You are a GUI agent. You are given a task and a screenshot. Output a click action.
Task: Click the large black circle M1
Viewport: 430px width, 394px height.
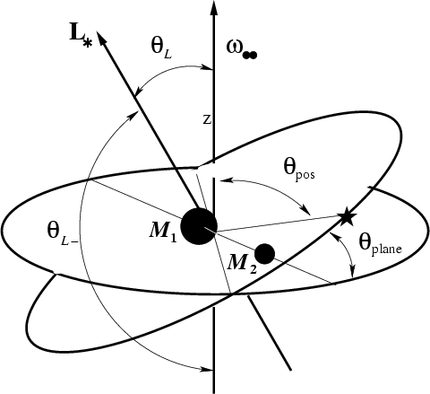tap(199, 226)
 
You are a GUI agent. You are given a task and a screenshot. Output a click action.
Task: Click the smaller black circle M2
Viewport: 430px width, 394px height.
tap(264, 254)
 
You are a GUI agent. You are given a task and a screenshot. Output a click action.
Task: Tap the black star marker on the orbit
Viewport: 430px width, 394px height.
tap(347, 217)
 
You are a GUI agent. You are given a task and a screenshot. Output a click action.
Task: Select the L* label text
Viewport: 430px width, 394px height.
tap(81, 38)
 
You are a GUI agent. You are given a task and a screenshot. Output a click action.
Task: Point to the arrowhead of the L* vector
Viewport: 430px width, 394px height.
tap(101, 38)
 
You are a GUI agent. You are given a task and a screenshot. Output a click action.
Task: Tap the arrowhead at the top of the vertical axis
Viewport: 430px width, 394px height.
tap(213, 7)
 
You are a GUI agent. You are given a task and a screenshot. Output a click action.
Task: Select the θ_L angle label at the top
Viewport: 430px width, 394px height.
tap(161, 48)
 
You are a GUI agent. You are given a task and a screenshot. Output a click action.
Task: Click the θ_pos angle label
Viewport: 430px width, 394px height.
tap(298, 171)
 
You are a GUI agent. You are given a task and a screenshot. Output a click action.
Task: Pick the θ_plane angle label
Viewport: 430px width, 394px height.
tap(380, 245)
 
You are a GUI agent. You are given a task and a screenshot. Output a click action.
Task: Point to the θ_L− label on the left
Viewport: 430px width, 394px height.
tap(63, 234)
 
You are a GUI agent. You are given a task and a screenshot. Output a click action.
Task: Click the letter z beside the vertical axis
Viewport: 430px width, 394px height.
tap(207, 119)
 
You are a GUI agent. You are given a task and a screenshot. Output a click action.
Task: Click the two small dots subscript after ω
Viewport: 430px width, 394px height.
tap(250, 56)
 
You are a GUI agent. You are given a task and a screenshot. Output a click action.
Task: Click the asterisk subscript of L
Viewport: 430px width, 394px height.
tap(87, 44)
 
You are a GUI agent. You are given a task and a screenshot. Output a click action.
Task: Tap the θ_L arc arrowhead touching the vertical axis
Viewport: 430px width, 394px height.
tap(208, 68)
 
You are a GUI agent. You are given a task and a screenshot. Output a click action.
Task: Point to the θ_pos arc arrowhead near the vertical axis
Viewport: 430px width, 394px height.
tap(224, 180)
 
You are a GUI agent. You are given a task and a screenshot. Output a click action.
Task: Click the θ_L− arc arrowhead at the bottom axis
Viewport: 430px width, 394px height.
tap(208, 369)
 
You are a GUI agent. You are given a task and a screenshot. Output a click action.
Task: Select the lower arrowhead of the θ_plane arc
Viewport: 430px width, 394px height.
tap(353, 272)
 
